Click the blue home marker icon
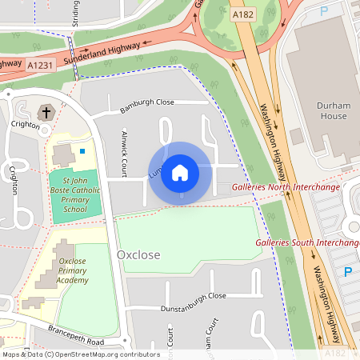[x=180, y=172]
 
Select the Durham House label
[x=329, y=110]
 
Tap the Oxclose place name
[x=138, y=254]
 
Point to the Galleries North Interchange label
[x=286, y=186]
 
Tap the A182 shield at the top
[x=243, y=14]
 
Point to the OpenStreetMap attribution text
[x=81, y=354]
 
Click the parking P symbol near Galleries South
[x=347, y=272]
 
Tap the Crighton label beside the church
[x=26, y=124]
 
